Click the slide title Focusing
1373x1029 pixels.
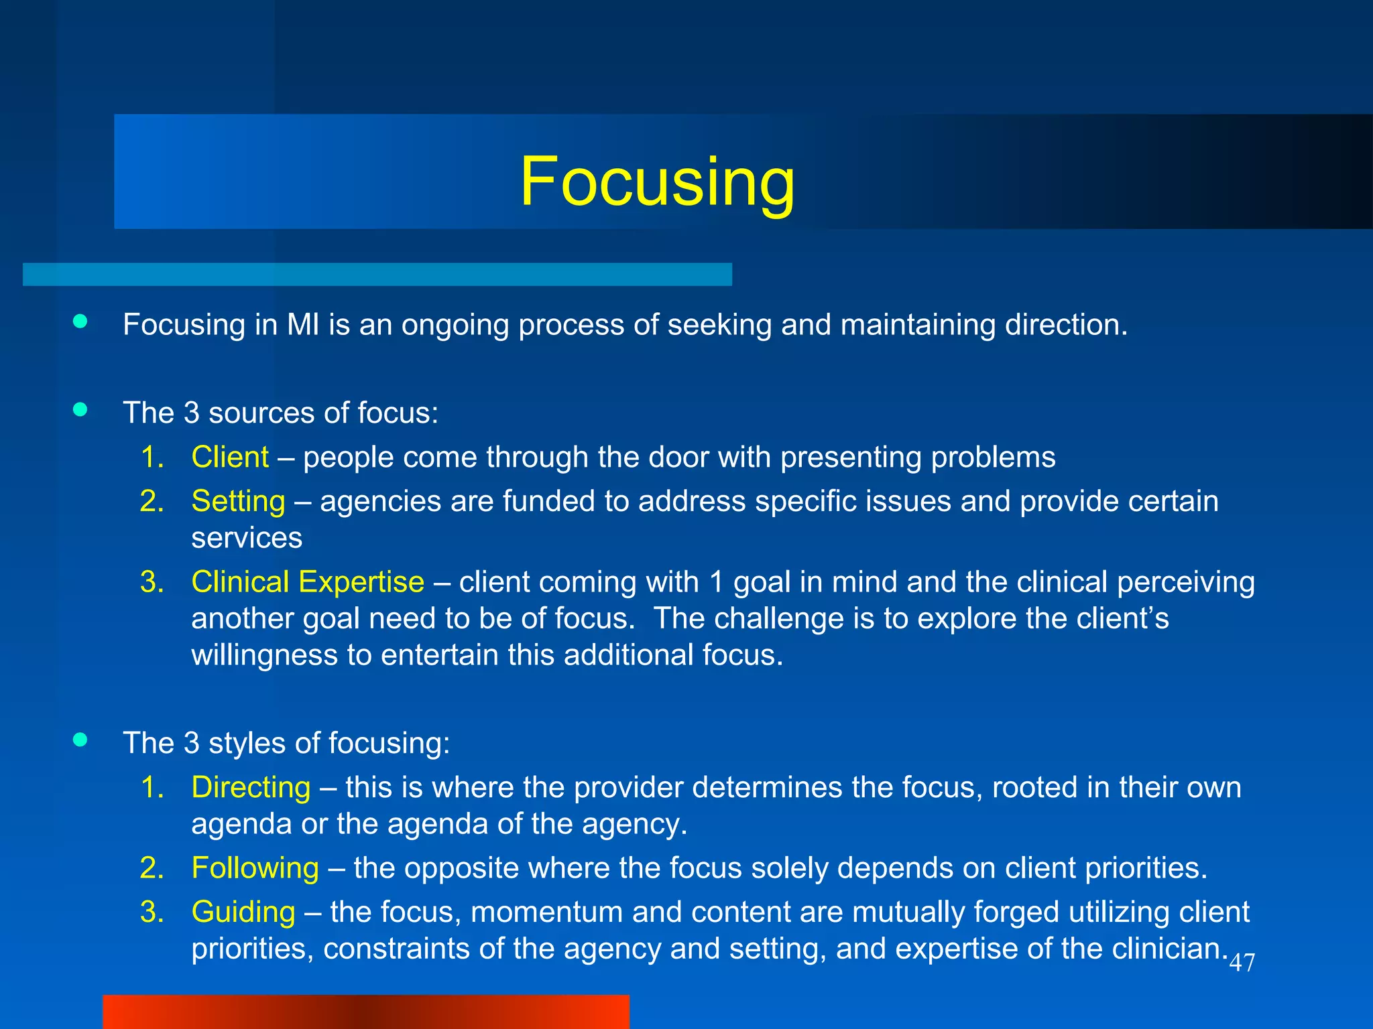point(657,181)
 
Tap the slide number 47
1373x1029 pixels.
point(1242,963)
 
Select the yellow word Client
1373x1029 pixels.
point(230,457)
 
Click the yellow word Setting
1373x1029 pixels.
point(238,501)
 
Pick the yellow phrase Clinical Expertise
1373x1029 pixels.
point(308,581)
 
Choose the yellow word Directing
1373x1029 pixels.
point(251,787)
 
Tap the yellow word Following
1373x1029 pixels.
point(255,868)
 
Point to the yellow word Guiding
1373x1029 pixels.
point(243,912)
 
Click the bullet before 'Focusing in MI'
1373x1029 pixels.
point(80,322)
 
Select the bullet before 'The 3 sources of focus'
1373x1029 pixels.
point(80,410)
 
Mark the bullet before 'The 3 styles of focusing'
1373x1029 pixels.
point(80,740)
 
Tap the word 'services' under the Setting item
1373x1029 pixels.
point(247,538)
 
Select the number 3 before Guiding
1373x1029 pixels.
point(152,912)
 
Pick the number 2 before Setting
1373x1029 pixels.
point(152,502)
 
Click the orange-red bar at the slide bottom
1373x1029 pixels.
point(365,1012)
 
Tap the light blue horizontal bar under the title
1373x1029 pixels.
point(377,274)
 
